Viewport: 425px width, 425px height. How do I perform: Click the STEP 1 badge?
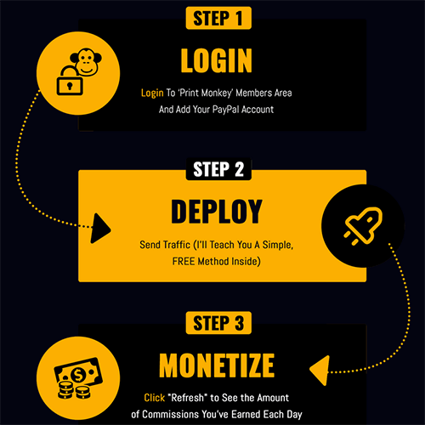[218, 18]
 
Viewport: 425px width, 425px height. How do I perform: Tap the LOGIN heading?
[217, 60]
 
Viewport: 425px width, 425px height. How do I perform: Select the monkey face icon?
[87, 62]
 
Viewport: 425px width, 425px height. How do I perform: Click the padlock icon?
[70, 81]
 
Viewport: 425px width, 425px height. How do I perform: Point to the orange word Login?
[152, 93]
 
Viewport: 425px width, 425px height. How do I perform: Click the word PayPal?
[225, 110]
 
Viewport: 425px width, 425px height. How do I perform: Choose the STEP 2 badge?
[218, 169]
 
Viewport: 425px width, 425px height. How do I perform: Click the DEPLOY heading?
[217, 212]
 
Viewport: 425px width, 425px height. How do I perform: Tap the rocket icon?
[363, 226]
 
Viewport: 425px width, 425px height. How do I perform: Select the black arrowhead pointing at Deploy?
[100, 229]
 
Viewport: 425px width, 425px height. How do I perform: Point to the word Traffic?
[177, 245]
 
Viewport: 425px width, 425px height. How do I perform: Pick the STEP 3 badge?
[218, 323]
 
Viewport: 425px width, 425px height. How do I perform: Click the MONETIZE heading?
[217, 365]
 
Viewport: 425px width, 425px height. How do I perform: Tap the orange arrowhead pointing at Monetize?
[320, 371]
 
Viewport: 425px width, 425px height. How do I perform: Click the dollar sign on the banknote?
[78, 376]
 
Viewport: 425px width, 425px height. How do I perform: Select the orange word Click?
[155, 398]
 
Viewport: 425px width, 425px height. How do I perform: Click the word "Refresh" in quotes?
[188, 398]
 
